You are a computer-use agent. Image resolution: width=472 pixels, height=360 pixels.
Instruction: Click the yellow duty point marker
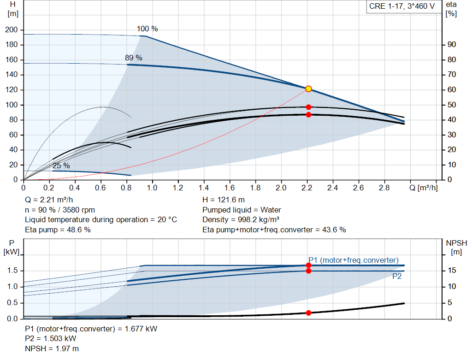pyautogui.click(x=308, y=89)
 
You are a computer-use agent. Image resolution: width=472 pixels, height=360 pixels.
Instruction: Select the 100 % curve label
pyautogui.click(x=147, y=29)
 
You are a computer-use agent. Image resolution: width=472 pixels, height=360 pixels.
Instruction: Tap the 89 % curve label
pyautogui.click(x=134, y=58)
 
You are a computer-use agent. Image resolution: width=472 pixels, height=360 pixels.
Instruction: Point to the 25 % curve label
pyautogui.click(x=61, y=165)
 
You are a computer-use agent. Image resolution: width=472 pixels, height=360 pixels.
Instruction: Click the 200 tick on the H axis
pyautogui.click(x=12, y=30)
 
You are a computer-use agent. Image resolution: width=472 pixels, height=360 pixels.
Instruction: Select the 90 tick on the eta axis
pyautogui.click(x=451, y=45)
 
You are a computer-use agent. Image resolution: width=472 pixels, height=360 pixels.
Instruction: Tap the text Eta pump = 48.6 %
pyautogui.click(x=58, y=230)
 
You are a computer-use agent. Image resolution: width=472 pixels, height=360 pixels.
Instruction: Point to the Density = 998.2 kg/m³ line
pyautogui.click(x=241, y=220)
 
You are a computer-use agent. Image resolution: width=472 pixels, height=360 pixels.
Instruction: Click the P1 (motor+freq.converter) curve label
pyautogui.click(x=354, y=260)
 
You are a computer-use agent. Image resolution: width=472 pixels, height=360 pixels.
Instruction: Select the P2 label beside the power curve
pyautogui.click(x=397, y=277)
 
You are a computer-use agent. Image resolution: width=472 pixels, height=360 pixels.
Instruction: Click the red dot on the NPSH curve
pyautogui.click(x=308, y=313)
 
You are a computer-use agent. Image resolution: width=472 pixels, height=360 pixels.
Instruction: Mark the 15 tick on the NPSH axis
pyautogui.click(x=452, y=270)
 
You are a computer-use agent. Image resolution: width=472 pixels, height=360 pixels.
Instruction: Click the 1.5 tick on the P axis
pyautogui.click(x=12, y=270)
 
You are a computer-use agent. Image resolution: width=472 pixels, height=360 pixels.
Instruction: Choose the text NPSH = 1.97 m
pyautogui.click(x=52, y=348)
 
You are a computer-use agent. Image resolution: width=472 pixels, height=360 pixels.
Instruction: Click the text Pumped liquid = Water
pyautogui.click(x=242, y=210)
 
